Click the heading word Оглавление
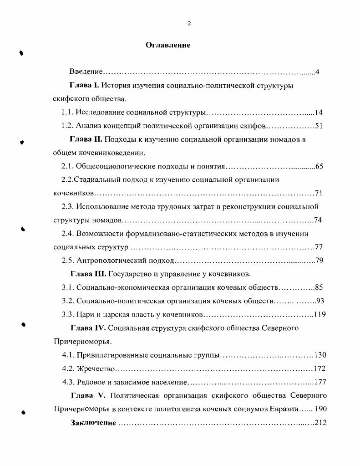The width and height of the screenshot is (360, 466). [167, 45]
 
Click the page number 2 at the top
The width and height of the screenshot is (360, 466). [189, 24]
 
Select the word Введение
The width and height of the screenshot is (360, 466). [86, 72]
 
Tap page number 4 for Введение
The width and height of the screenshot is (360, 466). [317, 72]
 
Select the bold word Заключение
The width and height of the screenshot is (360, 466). [93, 422]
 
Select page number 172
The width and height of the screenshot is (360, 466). [319, 368]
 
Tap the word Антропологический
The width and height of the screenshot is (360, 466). [110, 261]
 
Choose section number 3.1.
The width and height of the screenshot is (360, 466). [67, 287]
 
